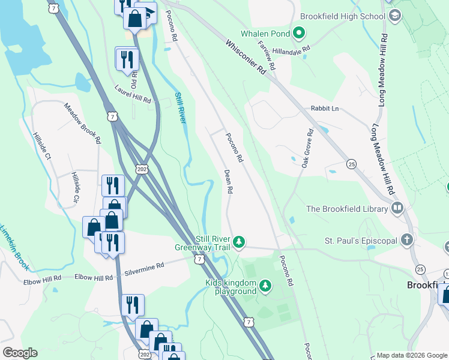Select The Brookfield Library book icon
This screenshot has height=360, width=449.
pyautogui.click(x=396, y=209)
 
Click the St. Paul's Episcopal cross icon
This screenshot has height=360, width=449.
pyautogui.click(x=408, y=241)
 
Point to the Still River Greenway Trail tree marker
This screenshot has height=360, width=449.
pyautogui.click(x=240, y=242)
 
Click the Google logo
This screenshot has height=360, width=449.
pyautogui.click(x=19, y=353)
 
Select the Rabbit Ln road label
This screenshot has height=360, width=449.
pyautogui.click(x=325, y=109)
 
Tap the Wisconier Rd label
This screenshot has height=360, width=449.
pyautogui.click(x=246, y=57)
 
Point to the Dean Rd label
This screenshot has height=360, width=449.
pyautogui.click(x=228, y=181)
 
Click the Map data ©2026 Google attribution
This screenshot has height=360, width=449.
pyautogui.click(x=412, y=355)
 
